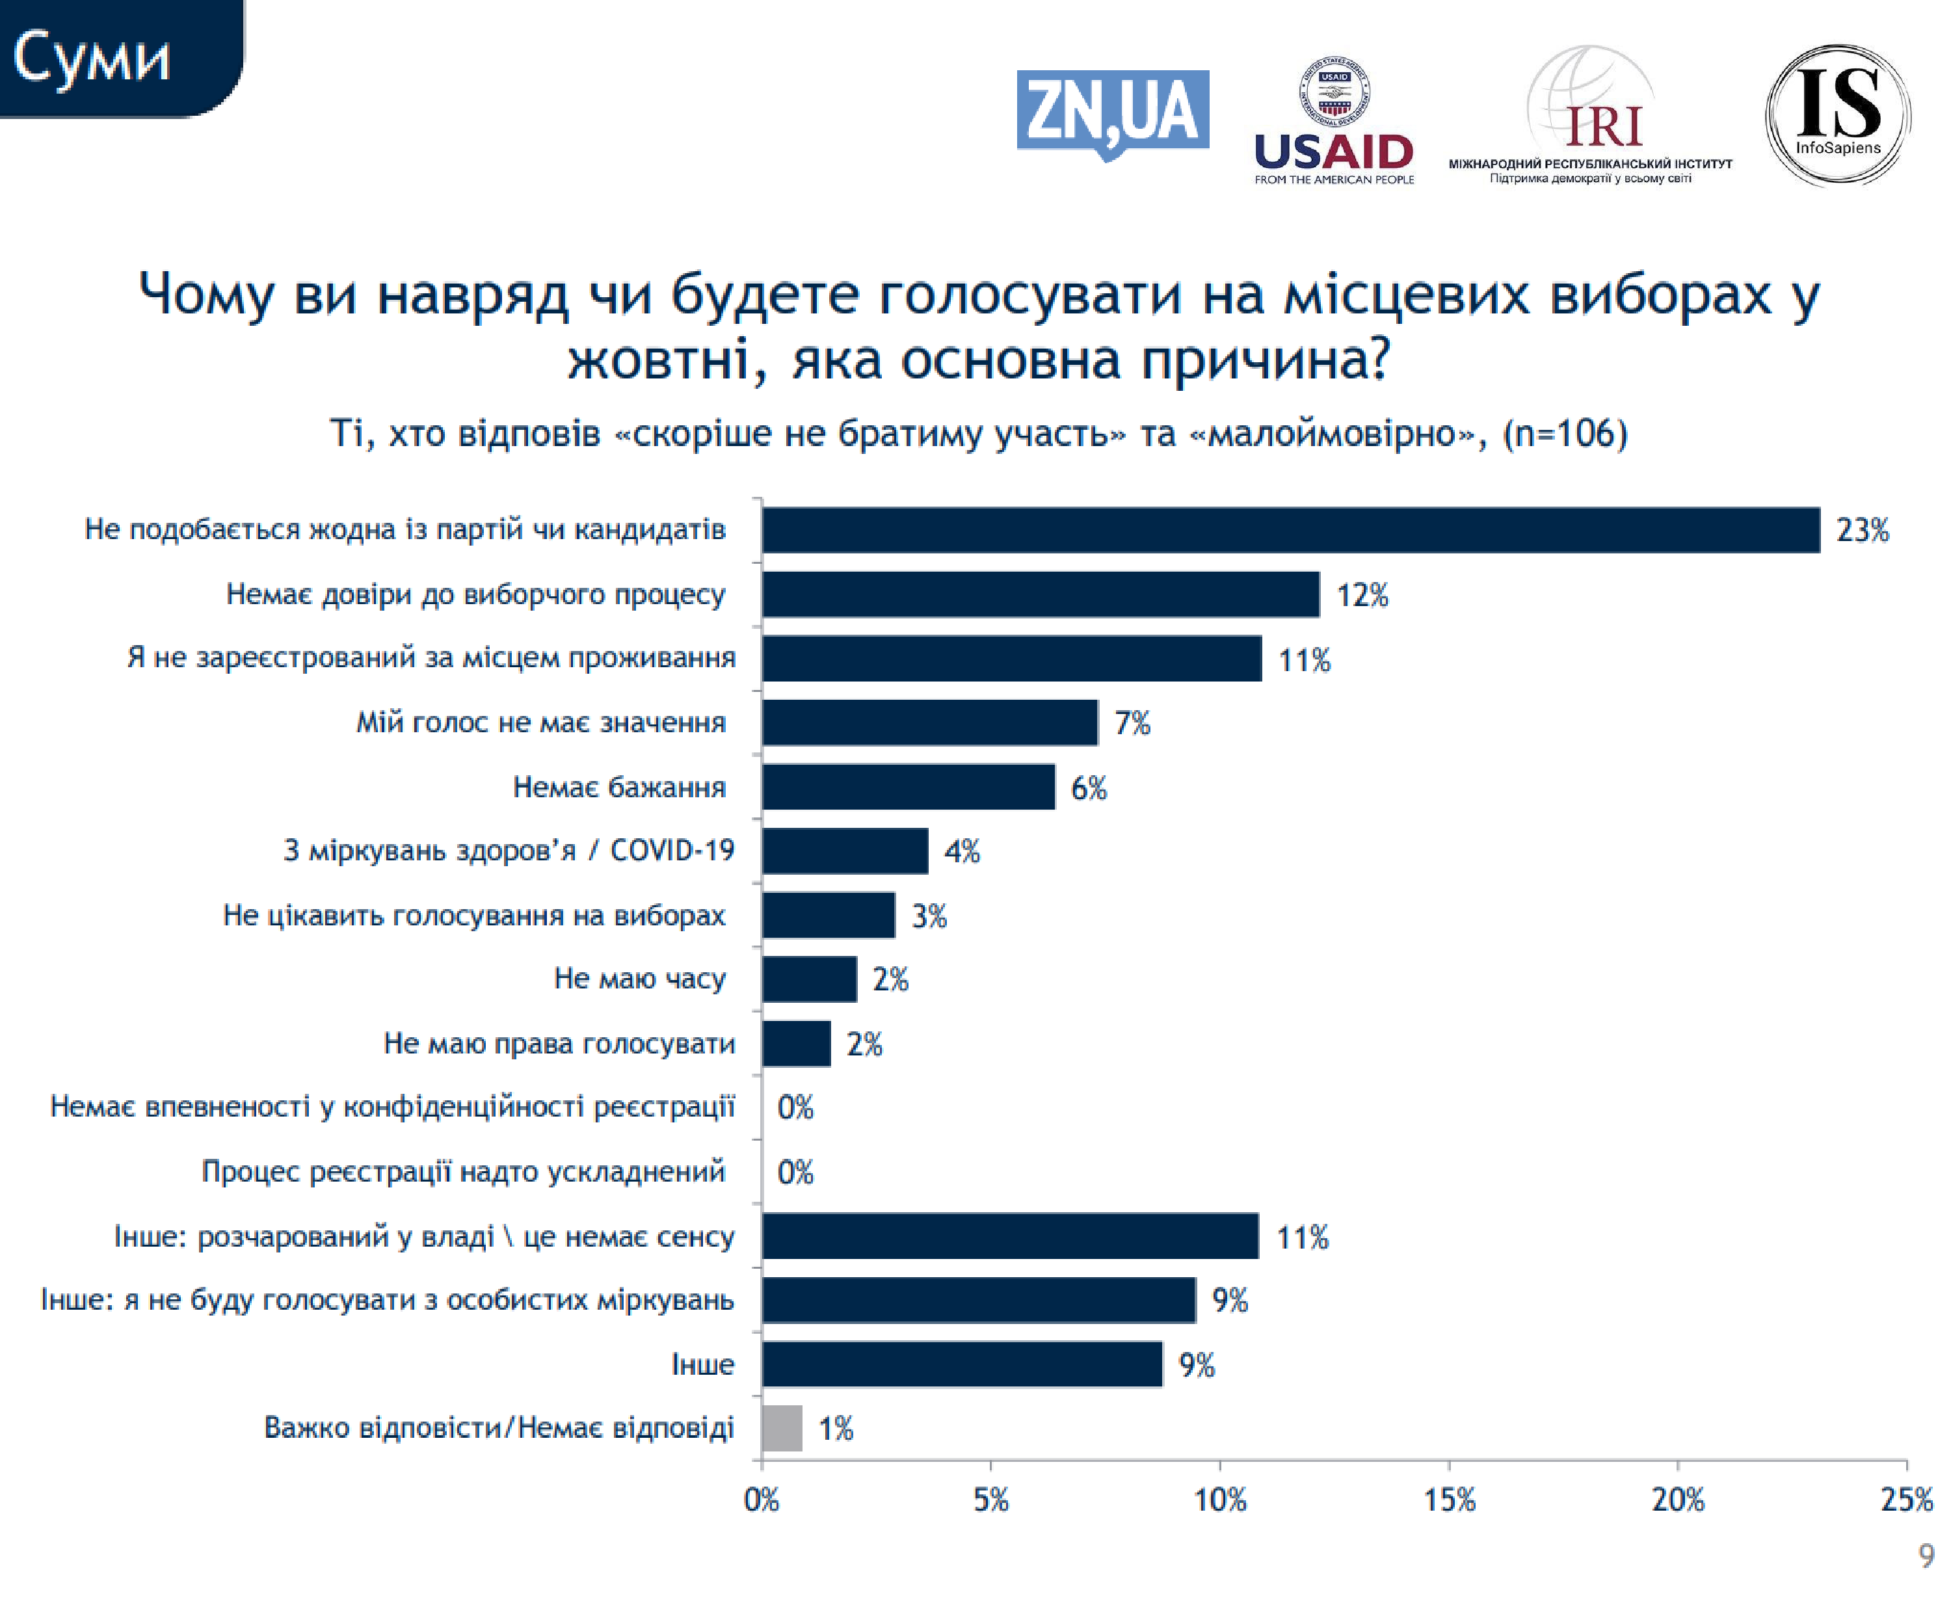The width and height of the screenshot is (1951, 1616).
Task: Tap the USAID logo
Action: point(1333,122)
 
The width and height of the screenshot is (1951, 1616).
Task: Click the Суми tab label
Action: point(91,58)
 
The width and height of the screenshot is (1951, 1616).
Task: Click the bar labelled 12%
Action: point(1040,594)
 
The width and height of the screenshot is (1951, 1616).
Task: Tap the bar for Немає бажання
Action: point(908,787)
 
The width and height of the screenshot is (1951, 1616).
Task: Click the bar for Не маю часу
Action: point(808,979)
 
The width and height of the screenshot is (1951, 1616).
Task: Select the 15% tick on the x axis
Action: point(1450,1500)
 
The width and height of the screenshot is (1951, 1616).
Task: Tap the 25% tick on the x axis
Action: point(1906,1500)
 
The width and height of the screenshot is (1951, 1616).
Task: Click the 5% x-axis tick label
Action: point(990,1500)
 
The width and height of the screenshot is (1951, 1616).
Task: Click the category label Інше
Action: point(702,1364)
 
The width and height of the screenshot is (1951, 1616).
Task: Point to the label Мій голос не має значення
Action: point(540,722)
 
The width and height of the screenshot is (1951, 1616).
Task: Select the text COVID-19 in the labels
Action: point(672,850)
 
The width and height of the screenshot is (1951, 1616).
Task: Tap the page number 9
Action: point(1926,1556)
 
